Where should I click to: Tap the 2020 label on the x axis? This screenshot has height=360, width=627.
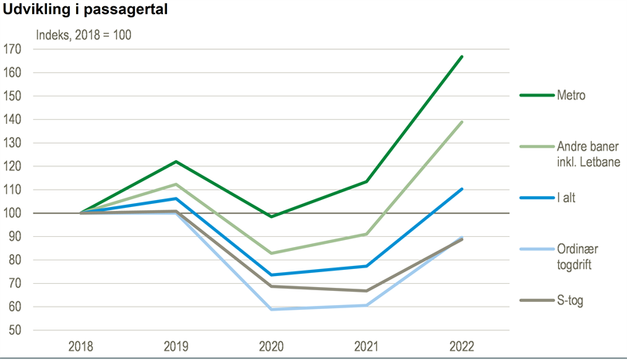(x=271, y=346)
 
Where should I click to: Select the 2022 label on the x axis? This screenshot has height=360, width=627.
(x=462, y=346)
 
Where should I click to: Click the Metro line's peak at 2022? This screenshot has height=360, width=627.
(x=462, y=56)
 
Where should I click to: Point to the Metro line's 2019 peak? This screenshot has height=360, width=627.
(x=176, y=162)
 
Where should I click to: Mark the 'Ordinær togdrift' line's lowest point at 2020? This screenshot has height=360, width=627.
(x=271, y=309)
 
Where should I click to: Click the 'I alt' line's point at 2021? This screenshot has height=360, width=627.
(x=367, y=266)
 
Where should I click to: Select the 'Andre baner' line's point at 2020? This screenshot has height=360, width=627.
(x=271, y=253)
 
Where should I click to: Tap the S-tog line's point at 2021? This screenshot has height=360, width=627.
(x=367, y=291)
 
